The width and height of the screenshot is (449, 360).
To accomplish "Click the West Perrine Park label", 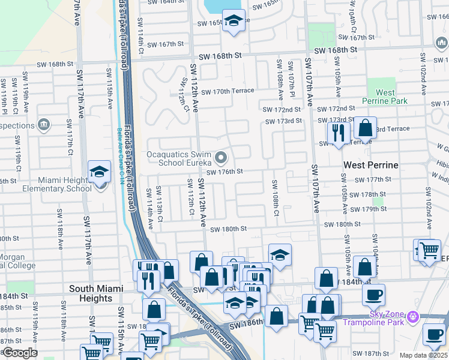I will coord(385,97).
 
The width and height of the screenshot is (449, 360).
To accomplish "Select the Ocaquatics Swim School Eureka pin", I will coord(221,158).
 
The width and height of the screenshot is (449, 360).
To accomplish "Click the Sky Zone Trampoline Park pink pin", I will coord(412,316).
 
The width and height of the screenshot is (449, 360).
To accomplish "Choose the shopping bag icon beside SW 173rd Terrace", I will coord(364,128).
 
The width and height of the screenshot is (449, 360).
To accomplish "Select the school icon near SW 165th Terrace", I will coord(234,22).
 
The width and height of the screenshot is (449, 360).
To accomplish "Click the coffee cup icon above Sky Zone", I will coord(373,295).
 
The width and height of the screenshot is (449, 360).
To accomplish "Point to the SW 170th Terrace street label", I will coord(228,91).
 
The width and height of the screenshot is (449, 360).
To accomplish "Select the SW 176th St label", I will coord(224,172).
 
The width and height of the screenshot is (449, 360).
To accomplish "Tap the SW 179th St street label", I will coord(369,209).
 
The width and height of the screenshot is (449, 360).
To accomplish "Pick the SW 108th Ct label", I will coord(276,199).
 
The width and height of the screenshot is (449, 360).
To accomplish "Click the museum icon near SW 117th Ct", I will coord(43,124).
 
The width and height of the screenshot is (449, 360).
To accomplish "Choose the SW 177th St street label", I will coord(373,179).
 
